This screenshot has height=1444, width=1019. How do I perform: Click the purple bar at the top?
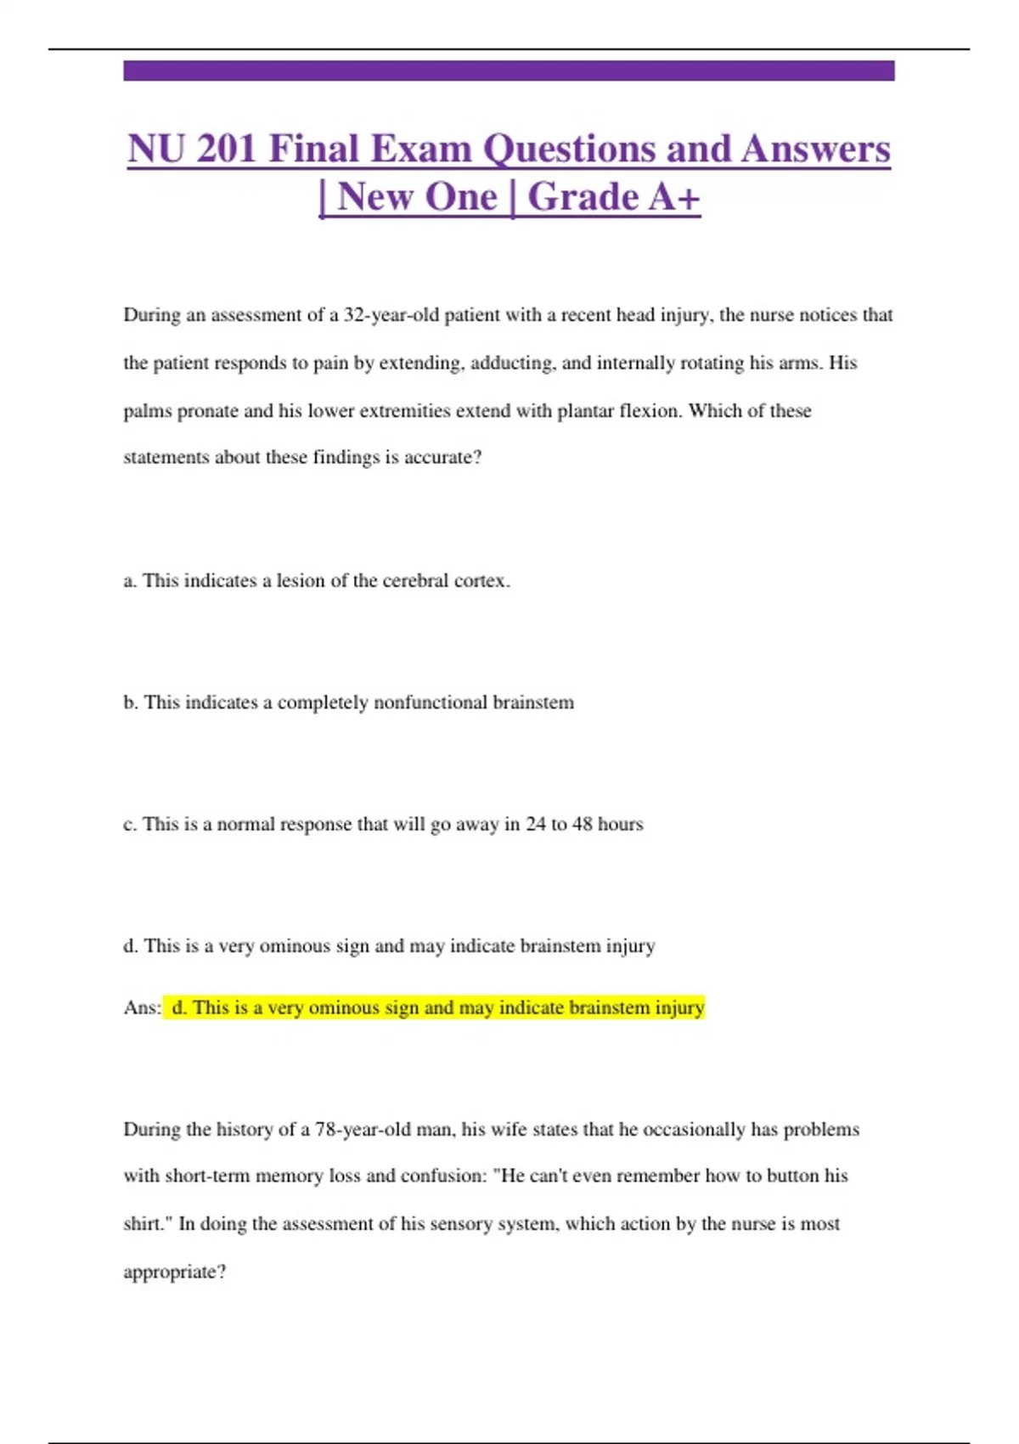pyautogui.click(x=509, y=71)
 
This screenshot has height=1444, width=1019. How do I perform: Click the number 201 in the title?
pyautogui.click(x=227, y=149)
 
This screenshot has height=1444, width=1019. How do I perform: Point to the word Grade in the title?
pyautogui.click(x=583, y=197)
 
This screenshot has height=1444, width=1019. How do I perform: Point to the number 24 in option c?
pyautogui.click(x=536, y=824)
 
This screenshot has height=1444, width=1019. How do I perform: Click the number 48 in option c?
pyautogui.click(x=583, y=824)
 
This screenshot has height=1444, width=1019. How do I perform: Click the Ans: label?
pyautogui.click(x=142, y=1007)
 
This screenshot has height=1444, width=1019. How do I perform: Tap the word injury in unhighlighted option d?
pyautogui.click(x=630, y=946)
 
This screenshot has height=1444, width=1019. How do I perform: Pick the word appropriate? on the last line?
pyautogui.click(x=175, y=1272)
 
